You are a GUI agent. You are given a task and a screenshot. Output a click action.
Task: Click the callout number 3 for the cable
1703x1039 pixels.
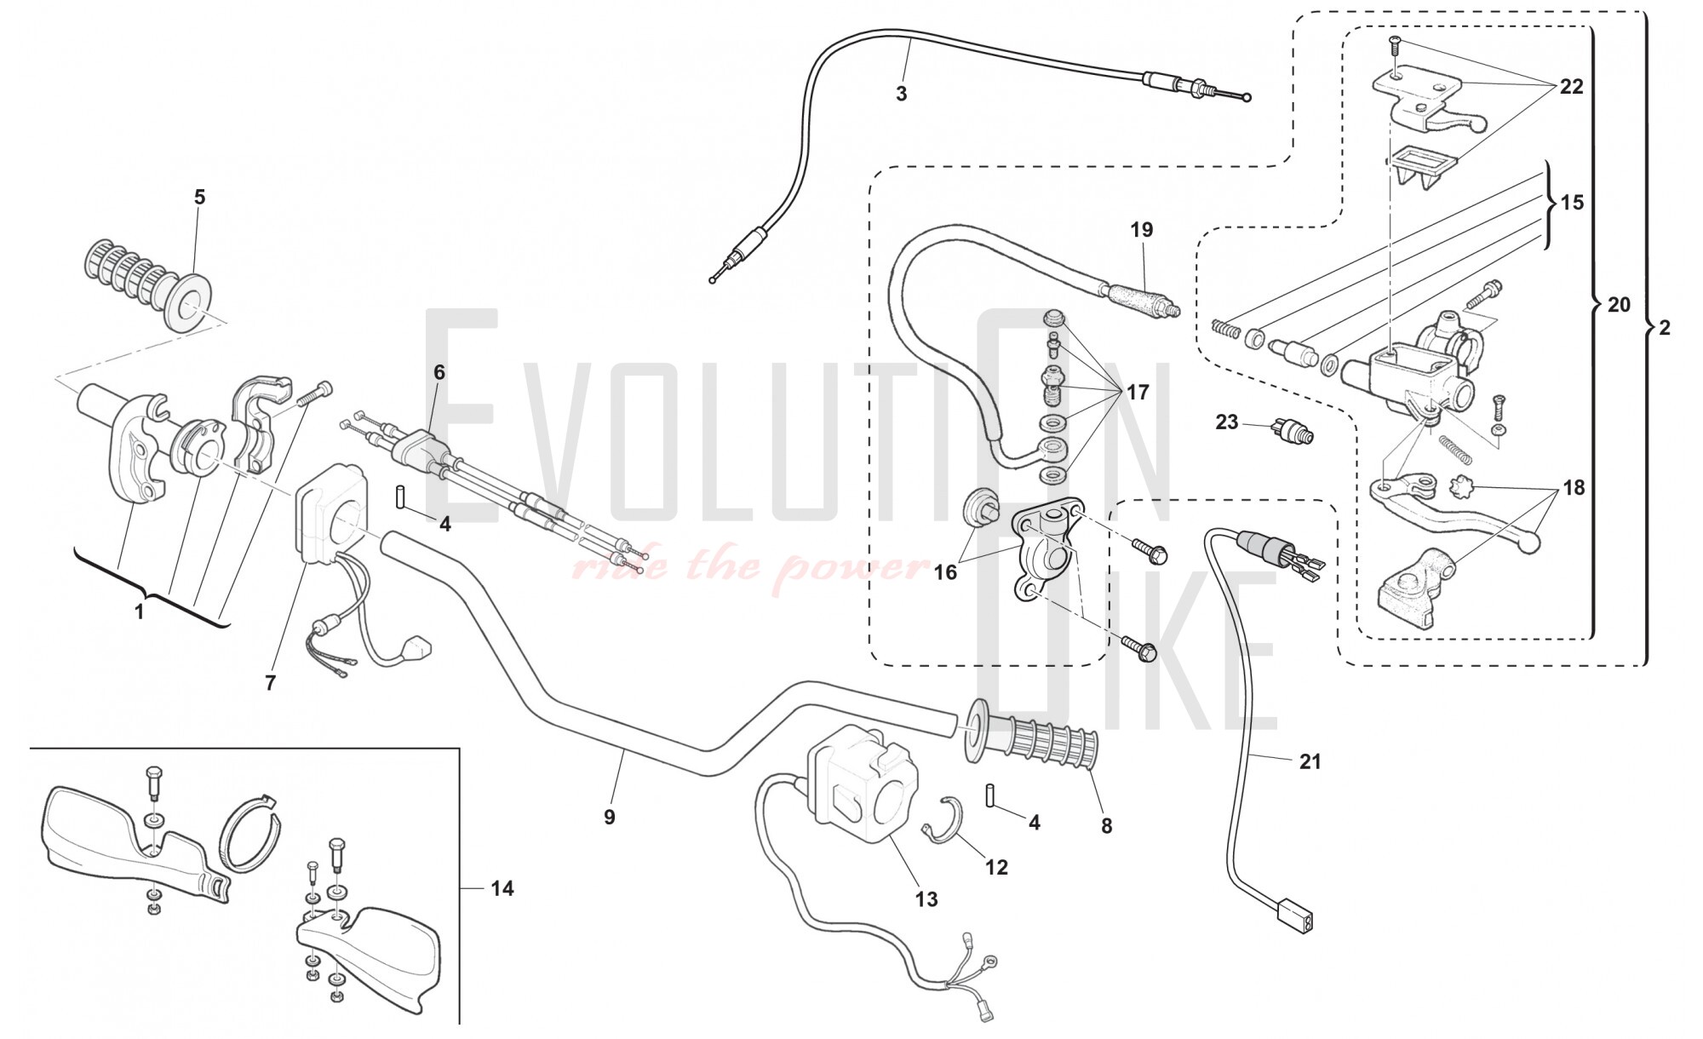[x=902, y=95]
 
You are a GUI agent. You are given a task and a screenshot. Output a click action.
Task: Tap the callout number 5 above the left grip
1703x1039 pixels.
[x=199, y=198]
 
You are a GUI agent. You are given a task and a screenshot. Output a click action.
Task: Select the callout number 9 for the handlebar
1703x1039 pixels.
[x=609, y=817]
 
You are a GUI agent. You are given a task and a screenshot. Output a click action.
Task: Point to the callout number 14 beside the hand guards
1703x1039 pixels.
[x=502, y=888]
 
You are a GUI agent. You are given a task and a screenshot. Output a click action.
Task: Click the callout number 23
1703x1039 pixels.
[x=1226, y=422]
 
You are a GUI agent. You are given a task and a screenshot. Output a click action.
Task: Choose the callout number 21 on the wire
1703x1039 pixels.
[x=1310, y=761]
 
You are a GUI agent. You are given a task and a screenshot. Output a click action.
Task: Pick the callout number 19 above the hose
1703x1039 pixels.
[x=1141, y=230]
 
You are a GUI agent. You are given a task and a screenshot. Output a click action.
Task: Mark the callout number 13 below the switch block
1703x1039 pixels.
[x=926, y=899]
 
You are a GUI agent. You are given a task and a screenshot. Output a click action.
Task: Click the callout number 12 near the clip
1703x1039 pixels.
[x=996, y=867]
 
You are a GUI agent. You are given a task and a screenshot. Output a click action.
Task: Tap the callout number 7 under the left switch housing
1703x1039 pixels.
[x=270, y=682]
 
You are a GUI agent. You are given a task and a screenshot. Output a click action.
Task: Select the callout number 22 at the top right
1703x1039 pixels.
[x=1571, y=87]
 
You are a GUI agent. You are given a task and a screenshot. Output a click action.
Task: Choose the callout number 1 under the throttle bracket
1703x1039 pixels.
[x=140, y=611]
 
